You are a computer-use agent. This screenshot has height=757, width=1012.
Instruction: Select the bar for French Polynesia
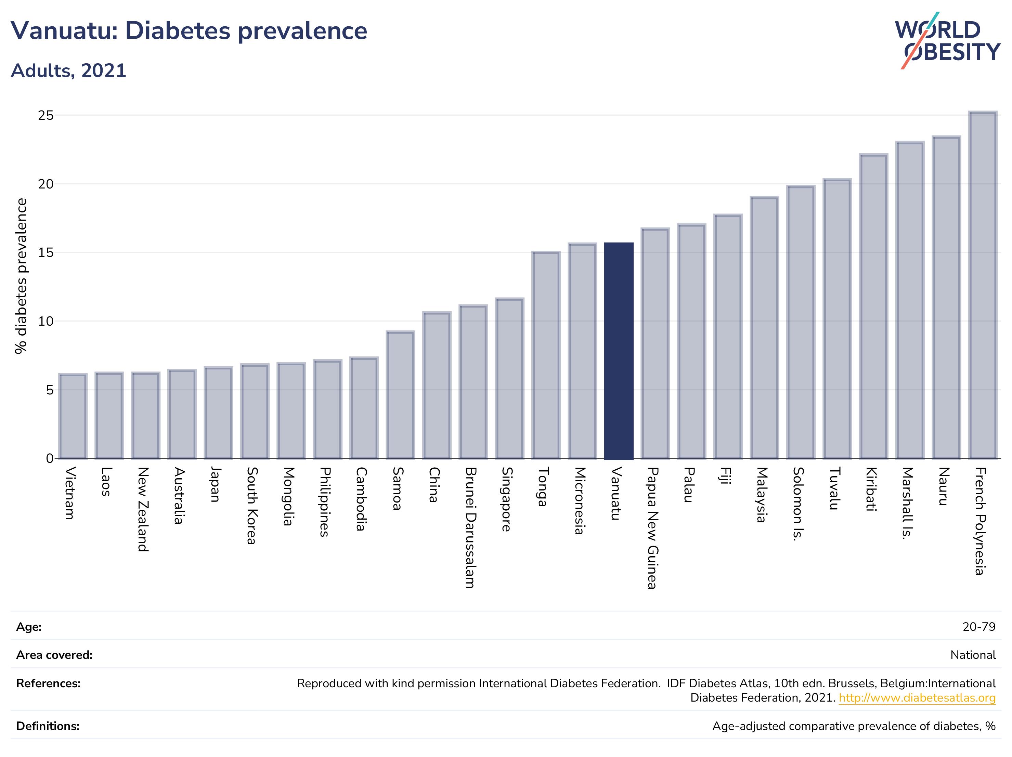pyautogui.click(x=983, y=285)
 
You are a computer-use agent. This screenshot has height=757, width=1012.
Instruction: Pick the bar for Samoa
pyautogui.click(x=400, y=395)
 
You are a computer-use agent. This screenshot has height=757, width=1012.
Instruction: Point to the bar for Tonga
pyautogui.click(x=546, y=355)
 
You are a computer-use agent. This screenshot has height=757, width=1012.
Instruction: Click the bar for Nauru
pyautogui.click(x=946, y=297)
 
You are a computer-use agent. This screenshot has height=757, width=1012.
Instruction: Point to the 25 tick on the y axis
pyautogui.click(x=46, y=115)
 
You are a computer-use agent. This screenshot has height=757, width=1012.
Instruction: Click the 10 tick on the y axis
pyautogui.click(x=46, y=321)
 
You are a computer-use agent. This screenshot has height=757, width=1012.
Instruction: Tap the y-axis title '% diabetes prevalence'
pyautogui.click(x=21, y=276)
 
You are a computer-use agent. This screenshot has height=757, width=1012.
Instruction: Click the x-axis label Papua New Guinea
pyautogui.click(x=652, y=528)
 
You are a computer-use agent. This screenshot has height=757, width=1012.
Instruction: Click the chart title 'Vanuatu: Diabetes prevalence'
pyautogui.click(x=189, y=31)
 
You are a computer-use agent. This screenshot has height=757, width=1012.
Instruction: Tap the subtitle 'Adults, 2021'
pyautogui.click(x=69, y=71)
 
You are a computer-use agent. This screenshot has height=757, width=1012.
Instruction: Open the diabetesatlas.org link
pyautogui.click(x=917, y=698)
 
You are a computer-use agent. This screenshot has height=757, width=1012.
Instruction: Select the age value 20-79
pyautogui.click(x=979, y=627)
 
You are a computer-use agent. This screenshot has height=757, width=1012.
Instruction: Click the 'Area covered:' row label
pyautogui.click(x=54, y=655)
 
